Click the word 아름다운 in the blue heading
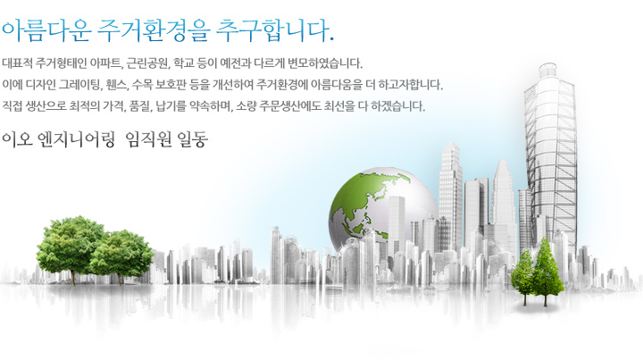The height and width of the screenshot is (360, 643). pyautogui.click(x=46, y=31)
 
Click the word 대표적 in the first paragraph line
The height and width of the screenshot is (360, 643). pyautogui.click(x=17, y=63)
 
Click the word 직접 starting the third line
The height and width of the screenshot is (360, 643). pyautogui.click(x=12, y=106)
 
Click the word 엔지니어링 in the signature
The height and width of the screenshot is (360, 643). pyautogui.click(x=76, y=139)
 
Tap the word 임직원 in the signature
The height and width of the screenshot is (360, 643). pyautogui.click(x=149, y=139)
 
